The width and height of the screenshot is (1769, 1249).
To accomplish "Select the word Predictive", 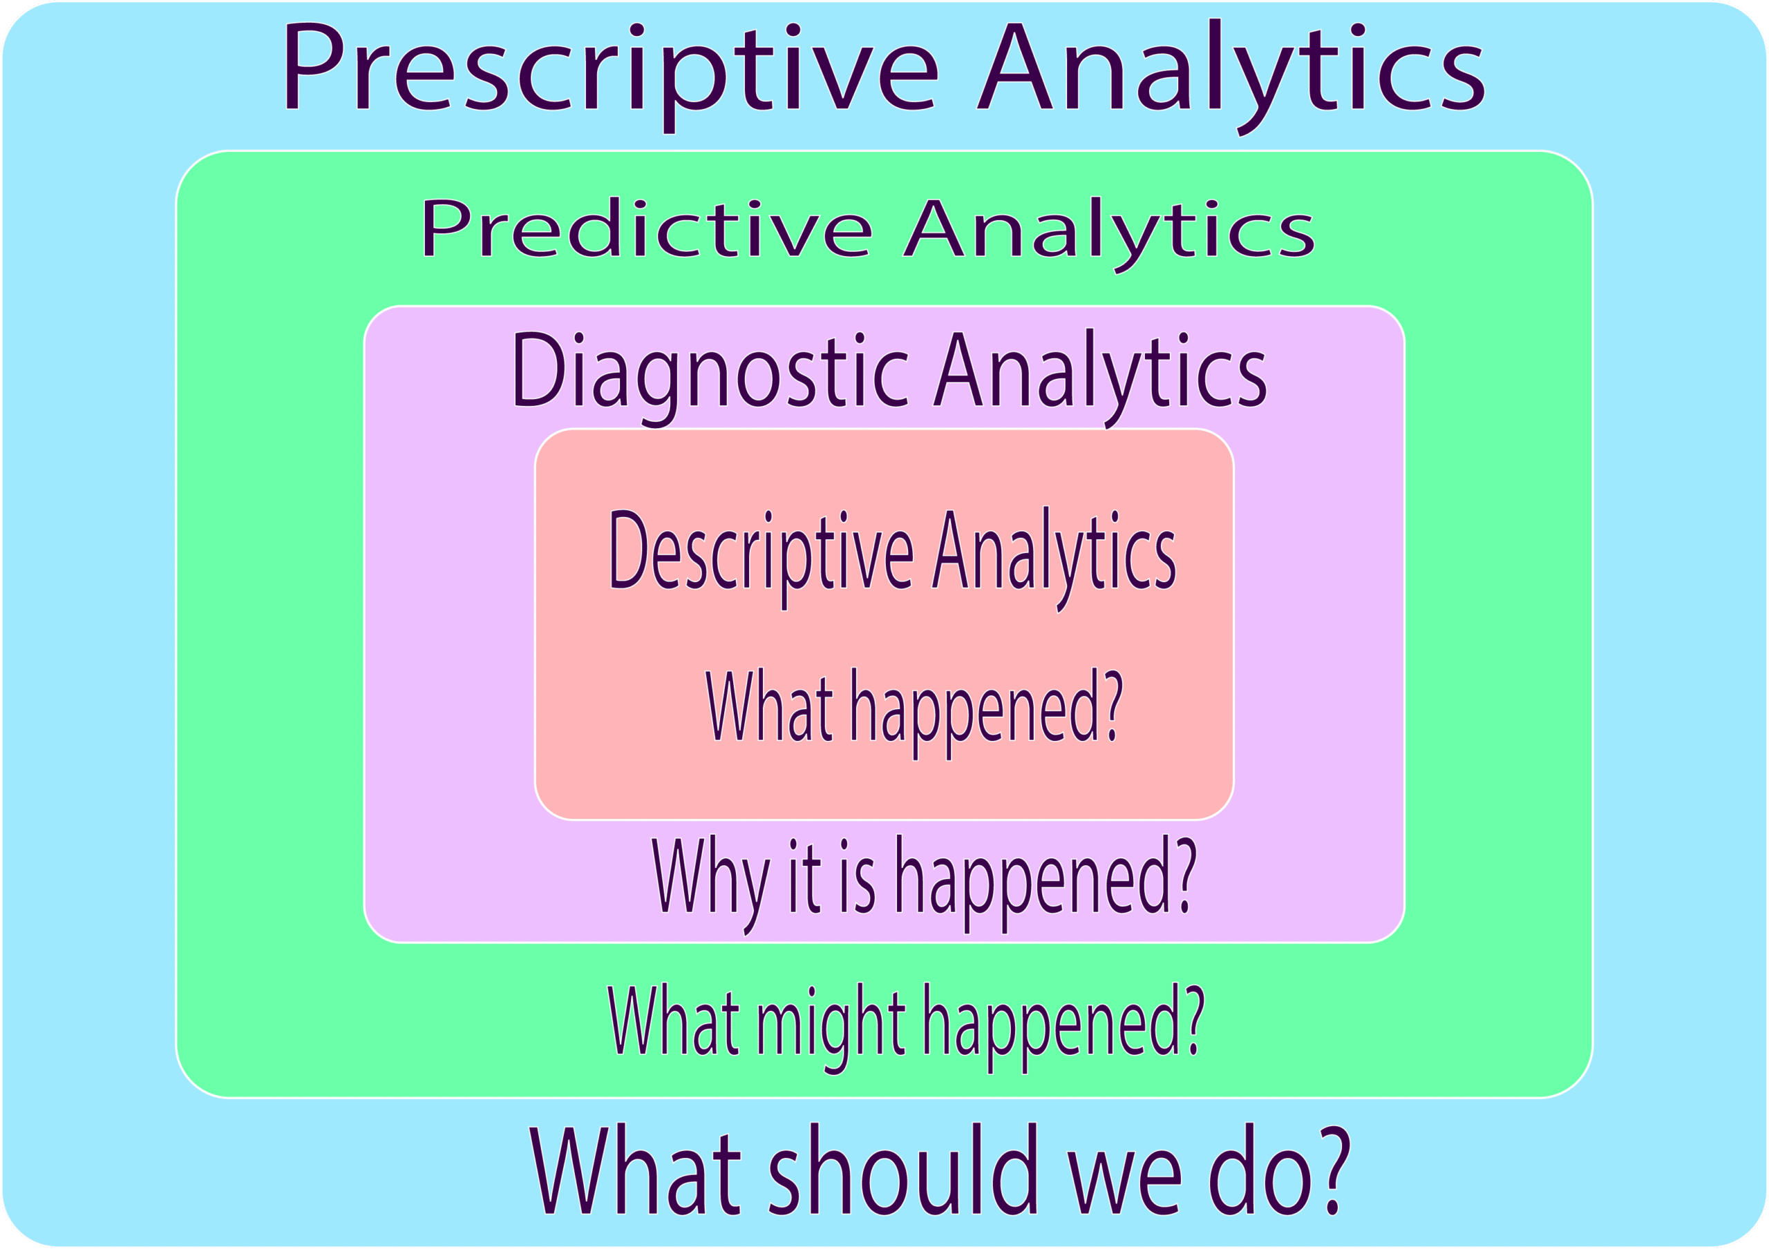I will tap(646, 229).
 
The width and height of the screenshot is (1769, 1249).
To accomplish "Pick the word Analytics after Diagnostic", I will tap(1100, 372).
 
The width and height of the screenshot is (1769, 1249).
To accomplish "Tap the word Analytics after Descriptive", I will tap(1053, 553).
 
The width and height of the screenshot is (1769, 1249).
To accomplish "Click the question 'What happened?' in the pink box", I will tap(914, 707).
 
